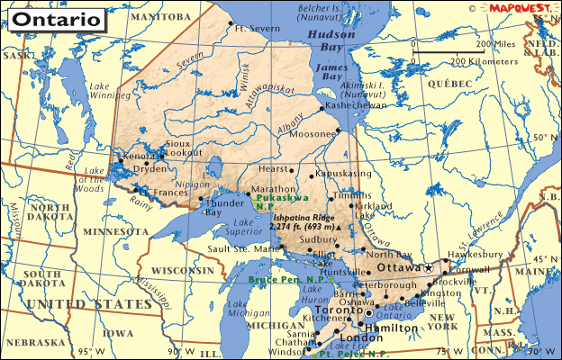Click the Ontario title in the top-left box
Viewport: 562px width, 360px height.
[55, 18]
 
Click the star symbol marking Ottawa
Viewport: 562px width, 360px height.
[430, 268]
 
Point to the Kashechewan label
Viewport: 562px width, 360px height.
[359, 105]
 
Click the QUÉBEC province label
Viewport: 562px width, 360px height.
[450, 82]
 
